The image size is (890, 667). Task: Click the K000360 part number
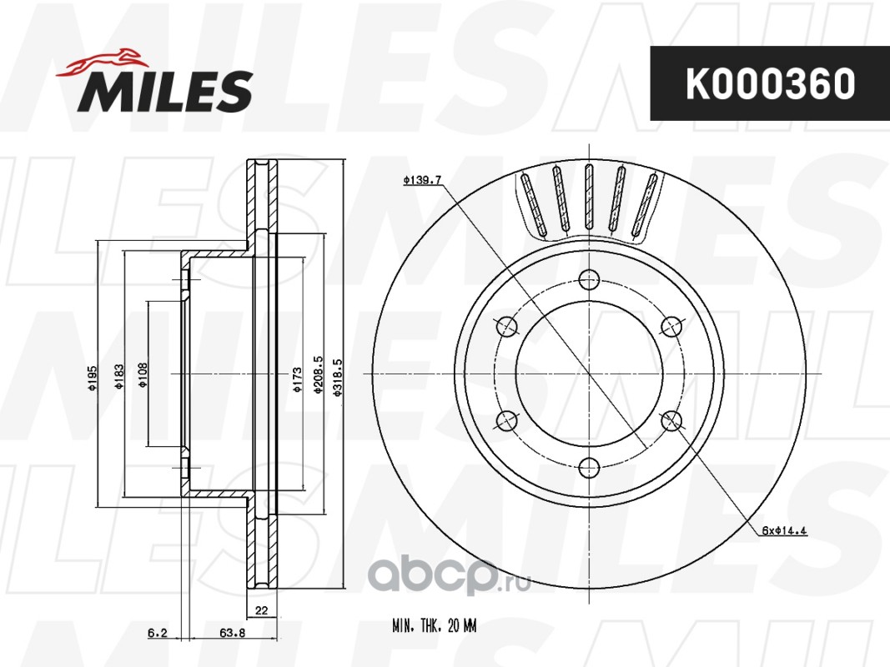pyautogui.click(x=770, y=84)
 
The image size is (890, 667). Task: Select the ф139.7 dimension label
pyautogui.click(x=422, y=180)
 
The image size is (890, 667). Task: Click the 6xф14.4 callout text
pyautogui.click(x=784, y=531)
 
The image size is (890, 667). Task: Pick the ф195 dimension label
pyautogui.click(x=93, y=379)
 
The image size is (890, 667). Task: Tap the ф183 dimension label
pyautogui.click(x=119, y=377)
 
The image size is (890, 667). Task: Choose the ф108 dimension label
pyautogui.click(x=143, y=375)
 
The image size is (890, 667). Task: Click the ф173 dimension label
pyautogui.click(x=297, y=379)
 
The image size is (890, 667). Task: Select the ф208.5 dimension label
pyautogui.click(x=318, y=375)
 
